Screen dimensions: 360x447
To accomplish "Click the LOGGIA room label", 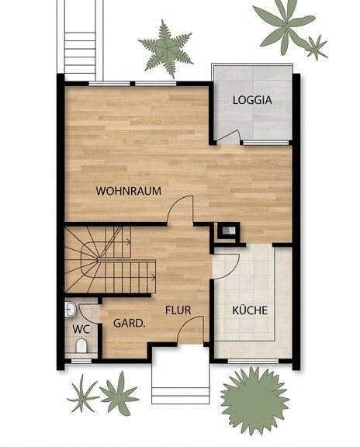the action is [252, 100].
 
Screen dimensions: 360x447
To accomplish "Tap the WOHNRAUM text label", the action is [129, 191].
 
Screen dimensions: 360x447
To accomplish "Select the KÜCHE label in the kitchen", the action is [250, 310].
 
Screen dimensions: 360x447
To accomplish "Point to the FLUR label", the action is [178, 310].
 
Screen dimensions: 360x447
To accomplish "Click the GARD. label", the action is [130, 324].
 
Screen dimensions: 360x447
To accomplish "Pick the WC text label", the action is [81, 329].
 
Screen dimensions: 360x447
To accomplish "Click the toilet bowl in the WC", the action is [81, 345].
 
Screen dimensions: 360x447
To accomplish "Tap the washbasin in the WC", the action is [70, 310].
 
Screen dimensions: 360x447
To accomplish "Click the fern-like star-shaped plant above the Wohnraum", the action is [165, 49].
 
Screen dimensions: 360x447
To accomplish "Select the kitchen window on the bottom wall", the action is [253, 361].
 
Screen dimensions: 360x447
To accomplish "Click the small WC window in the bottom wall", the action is [81, 361].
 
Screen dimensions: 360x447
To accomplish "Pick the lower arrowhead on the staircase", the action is [154, 277].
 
